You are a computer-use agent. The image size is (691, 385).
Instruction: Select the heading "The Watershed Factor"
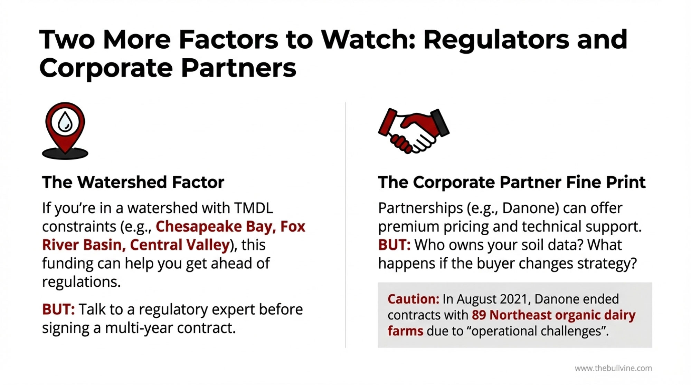(133, 182)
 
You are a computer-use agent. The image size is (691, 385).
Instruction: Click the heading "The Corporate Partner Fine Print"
(512, 182)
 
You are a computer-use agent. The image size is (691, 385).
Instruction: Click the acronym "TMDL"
(253, 208)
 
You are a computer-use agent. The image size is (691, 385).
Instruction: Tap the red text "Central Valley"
(180, 245)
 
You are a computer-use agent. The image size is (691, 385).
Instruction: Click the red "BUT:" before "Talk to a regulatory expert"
(58, 309)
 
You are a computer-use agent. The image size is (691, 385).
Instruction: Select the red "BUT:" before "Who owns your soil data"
(394, 245)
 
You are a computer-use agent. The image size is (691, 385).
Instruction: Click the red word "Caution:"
(413, 299)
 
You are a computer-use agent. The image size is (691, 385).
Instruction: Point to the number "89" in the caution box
(479, 315)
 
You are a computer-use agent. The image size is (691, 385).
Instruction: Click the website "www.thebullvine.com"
(613, 368)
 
